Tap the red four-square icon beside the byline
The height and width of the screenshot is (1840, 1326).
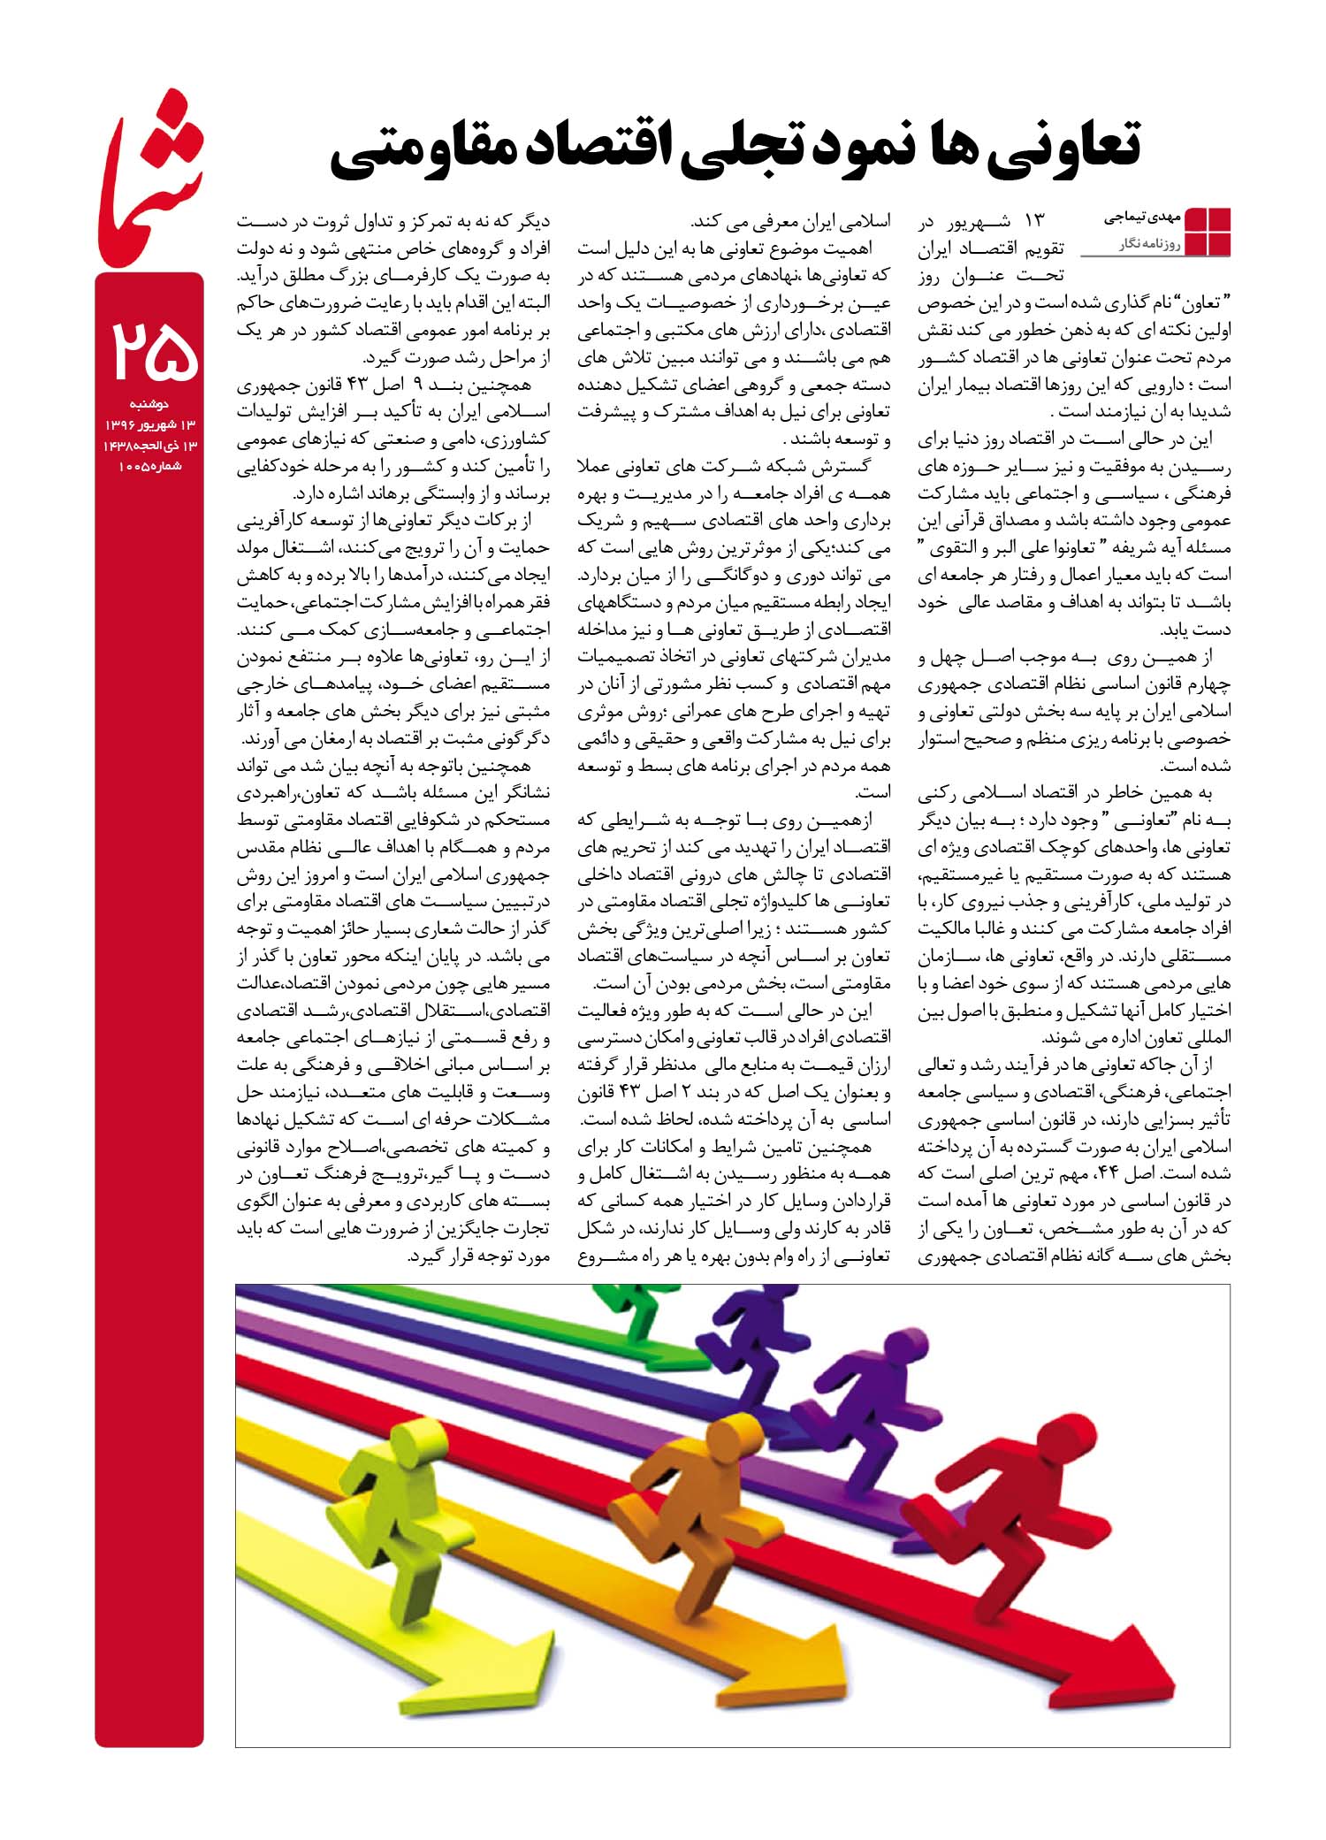(x=1208, y=232)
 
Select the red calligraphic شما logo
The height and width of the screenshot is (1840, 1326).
(x=150, y=177)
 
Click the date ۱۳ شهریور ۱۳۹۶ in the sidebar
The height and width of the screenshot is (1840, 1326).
(x=149, y=425)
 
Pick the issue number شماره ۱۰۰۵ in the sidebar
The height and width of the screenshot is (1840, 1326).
(x=149, y=466)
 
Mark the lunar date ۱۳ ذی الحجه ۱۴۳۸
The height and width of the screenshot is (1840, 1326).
(x=149, y=446)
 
